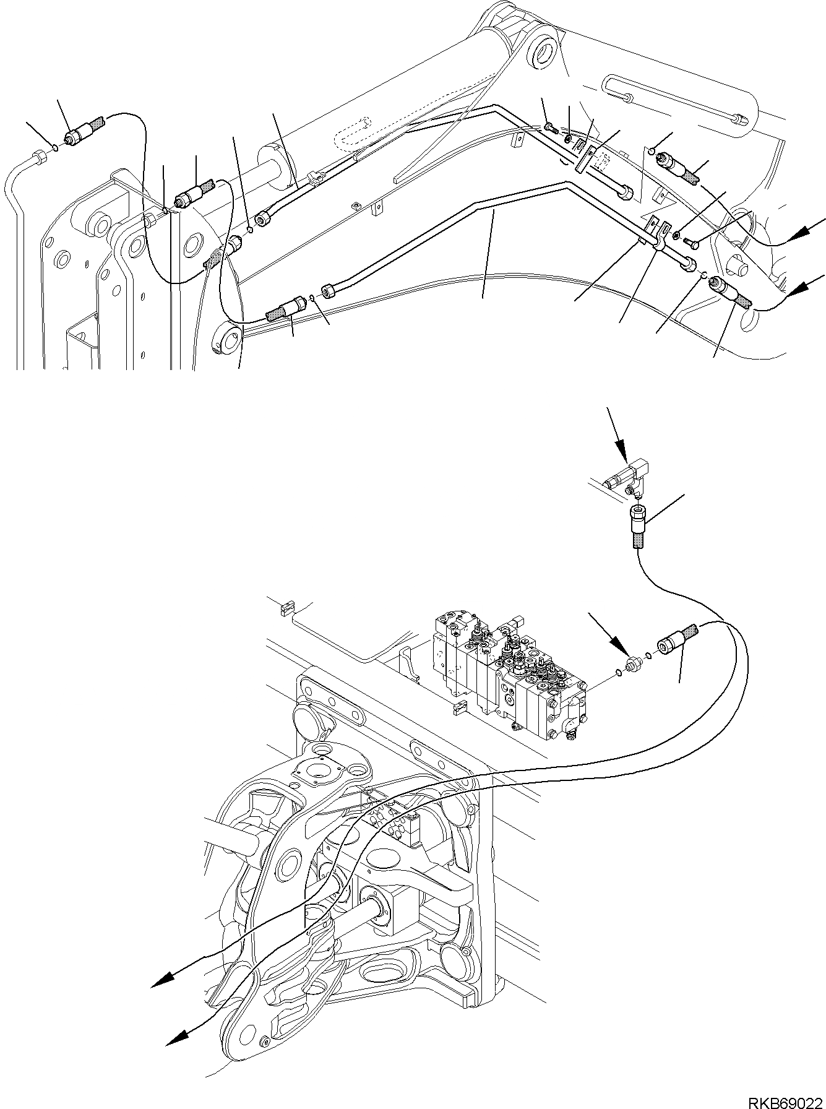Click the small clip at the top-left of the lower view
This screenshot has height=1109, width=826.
[x=285, y=608]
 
